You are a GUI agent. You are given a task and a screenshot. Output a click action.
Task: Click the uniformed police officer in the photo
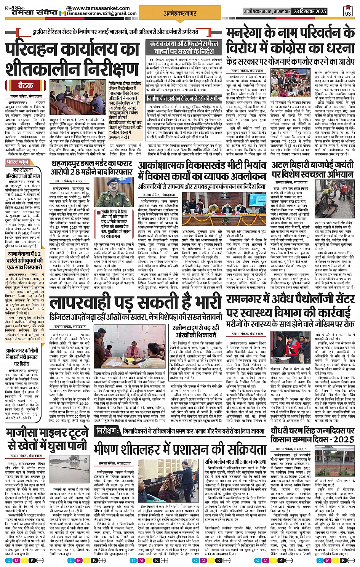click(113, 189)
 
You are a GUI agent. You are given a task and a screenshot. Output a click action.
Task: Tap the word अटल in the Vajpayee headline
click(283, 165)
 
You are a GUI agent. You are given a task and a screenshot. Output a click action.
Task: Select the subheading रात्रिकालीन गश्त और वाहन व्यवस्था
click(232, 461)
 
